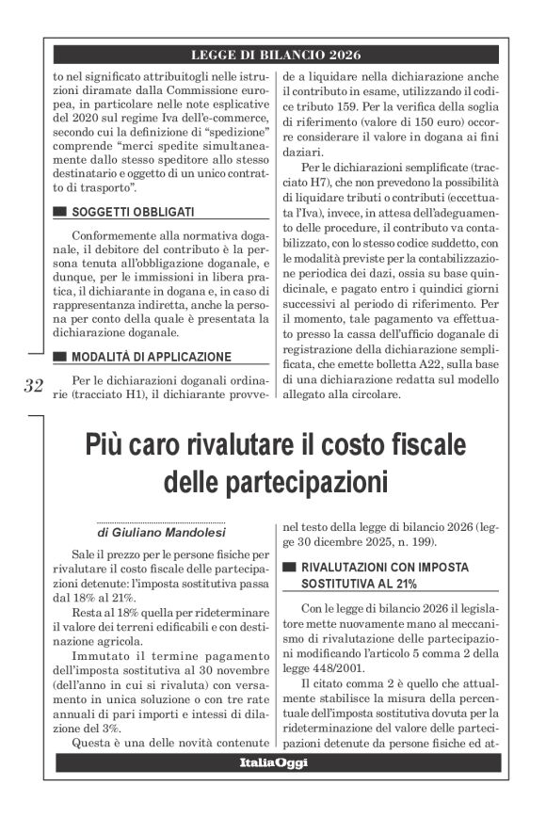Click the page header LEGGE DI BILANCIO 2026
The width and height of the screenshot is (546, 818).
[x=276, y=55]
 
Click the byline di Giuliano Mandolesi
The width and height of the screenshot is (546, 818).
[x=157, y=534]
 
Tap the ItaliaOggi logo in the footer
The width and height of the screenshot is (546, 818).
[x=273, y=762]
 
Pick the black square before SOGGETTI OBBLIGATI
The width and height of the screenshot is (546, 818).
[x=61, y=212]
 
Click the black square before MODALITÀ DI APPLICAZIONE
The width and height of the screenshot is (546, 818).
[x=61, y=357]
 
